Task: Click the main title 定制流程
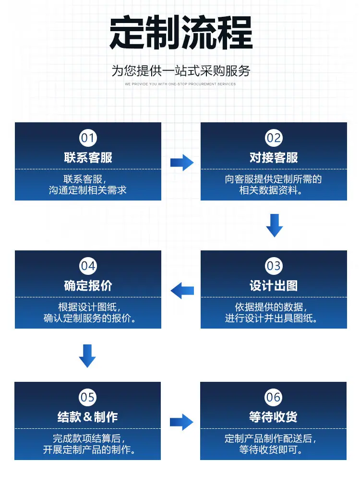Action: [x=181, y=33]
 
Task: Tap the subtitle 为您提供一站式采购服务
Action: [x=180, y=71]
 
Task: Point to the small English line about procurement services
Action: [x=180, y=84]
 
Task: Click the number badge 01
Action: [x=88, y=138]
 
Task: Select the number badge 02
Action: [x=274, y=138]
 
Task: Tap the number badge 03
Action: [x=274, y=266]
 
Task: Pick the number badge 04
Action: [x=88, y=266]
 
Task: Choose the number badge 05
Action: [x=88, y=397]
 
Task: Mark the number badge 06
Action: [x=274, y=397]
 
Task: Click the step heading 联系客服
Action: [x=88, y=158]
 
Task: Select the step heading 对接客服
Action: [x=274, y=158]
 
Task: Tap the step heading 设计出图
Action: [x=274, y=285]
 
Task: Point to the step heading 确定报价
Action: [x=88, y=285]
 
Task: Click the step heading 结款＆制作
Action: [x=88, y=417]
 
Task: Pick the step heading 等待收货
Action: [x=274, y=417]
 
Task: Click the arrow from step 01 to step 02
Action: [x=182, y=163]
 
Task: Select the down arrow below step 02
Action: [x=275, y=225]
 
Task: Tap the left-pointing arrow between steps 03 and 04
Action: [x=182, y=291]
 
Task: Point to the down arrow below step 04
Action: [x=87, y=356]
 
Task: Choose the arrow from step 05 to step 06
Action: [x=181, y=422]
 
